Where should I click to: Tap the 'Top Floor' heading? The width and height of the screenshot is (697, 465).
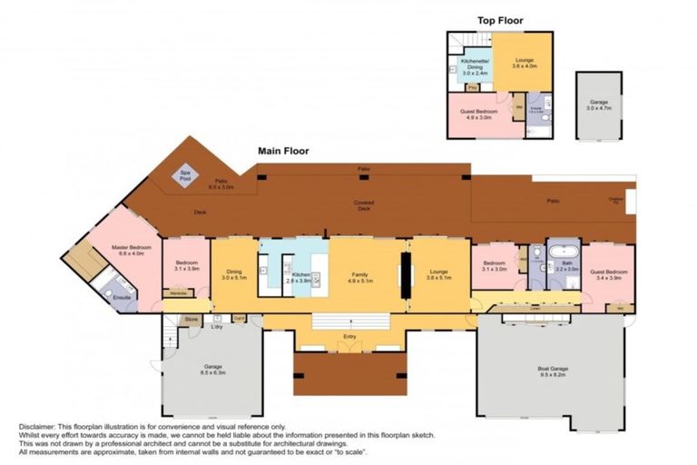tap(500, 20)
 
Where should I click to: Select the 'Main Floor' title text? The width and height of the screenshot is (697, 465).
tap(283, 151)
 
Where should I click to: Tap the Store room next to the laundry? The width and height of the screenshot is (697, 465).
tap(191, 320)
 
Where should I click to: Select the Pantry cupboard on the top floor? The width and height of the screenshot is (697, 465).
tap(473, 87)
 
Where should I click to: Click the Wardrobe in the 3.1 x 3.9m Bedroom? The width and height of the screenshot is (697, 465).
tap(180, 292)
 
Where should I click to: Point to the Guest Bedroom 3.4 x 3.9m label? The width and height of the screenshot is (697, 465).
tap(609, 274)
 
